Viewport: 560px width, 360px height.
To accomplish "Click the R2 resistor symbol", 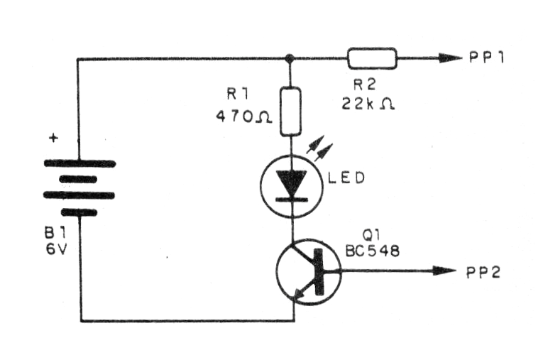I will (x=372, y=58).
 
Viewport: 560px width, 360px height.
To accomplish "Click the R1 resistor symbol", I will (x=290, y=110).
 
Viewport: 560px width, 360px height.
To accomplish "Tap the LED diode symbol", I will (x=290, y=185).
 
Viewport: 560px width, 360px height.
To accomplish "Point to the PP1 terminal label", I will (x=486, y=58).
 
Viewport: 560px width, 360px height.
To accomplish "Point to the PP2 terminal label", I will (x=484, y=271).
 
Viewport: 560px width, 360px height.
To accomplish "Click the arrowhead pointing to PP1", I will (x=450, y=58).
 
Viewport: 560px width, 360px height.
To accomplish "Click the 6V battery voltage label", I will (x=58, y=251).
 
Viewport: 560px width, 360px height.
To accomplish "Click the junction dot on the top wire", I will (x=290, y=58).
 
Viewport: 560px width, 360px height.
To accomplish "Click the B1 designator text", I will (x=58, y=234).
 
